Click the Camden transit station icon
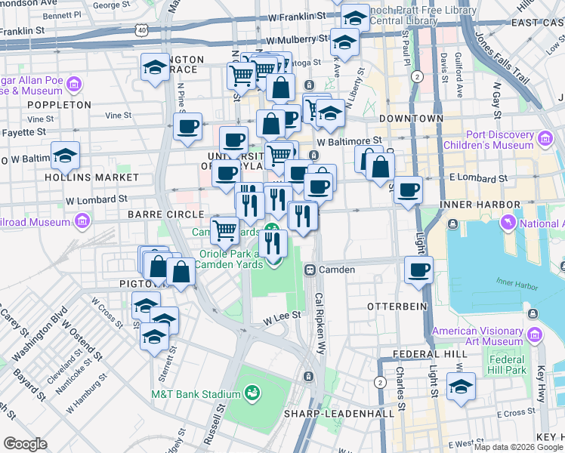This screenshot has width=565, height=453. click(x=310, y=270)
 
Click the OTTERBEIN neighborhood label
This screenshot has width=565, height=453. click(x=397, y=307)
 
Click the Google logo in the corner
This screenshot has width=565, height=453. click(x=25, y=444)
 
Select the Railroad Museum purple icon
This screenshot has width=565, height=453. click(x=81, y=222)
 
